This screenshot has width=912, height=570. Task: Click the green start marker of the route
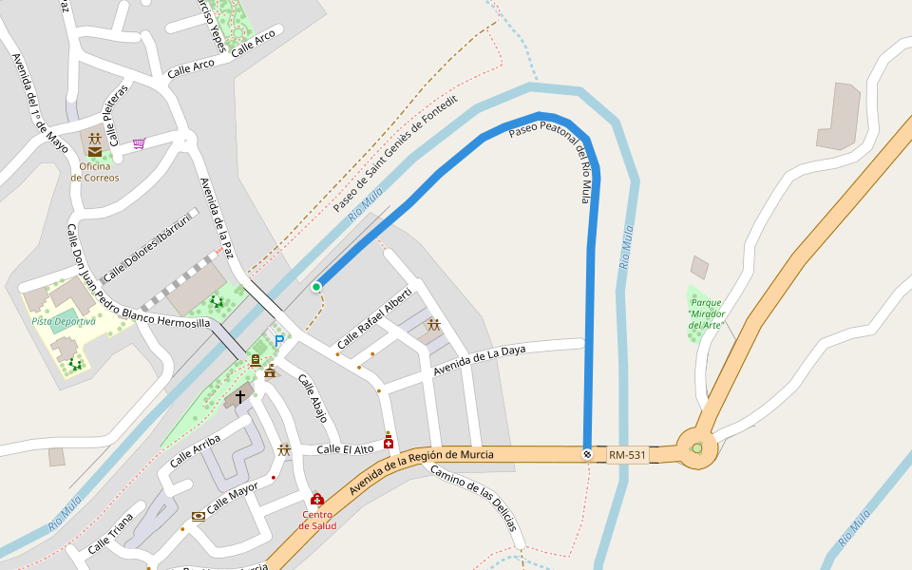(316, 286)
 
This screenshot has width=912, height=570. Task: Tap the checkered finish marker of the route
(587, 454)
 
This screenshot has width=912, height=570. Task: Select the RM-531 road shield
(628, 455)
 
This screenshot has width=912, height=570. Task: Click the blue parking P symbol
(278, 340)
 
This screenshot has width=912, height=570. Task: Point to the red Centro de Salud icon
(317, 499)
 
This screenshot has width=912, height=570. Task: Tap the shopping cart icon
(139, 143)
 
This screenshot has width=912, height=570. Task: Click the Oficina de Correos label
(95, 172)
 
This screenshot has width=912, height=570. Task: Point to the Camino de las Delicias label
(472, 498)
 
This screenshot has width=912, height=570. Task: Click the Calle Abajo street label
(313, 398)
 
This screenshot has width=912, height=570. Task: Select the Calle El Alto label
(343, 449)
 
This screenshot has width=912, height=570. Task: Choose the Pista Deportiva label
(64, 321)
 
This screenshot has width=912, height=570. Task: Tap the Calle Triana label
(111, 537)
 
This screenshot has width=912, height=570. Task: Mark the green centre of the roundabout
(697, 448)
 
